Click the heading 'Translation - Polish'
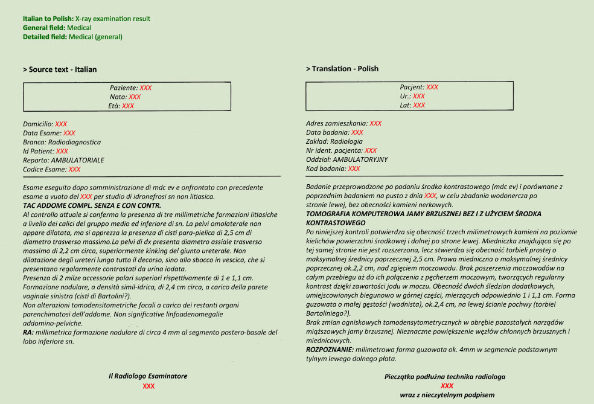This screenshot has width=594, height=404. coord(345,69)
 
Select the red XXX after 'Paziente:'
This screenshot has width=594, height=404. coord(145,88)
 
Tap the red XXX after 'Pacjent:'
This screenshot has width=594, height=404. coord(432,87)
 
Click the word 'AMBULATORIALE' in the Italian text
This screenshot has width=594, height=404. coord(78,160)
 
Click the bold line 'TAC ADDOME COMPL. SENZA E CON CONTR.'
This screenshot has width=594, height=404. coord(84,206)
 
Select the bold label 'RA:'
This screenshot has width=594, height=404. coord(28,333)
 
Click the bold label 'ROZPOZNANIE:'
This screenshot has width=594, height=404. coord(330,350)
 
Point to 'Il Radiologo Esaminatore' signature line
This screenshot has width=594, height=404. coord(148,376)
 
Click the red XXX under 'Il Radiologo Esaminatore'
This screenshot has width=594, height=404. coord(148,386)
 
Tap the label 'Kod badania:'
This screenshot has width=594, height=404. coord(327,168)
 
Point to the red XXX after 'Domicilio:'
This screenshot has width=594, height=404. coord(61,124)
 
